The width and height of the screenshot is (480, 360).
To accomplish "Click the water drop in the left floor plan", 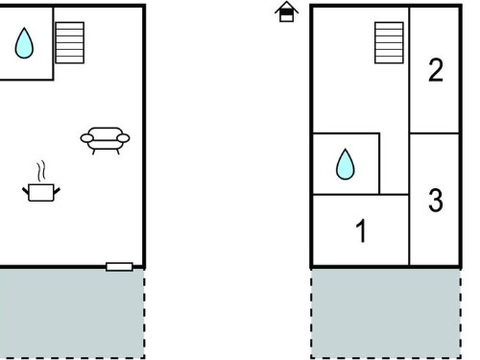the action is [24, 43].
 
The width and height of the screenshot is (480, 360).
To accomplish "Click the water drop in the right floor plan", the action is [346, 164].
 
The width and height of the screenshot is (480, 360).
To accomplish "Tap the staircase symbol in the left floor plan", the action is [70, 42].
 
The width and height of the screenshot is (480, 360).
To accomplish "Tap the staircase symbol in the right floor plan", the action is [389, 42].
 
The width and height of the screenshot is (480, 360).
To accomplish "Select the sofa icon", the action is [105, 140].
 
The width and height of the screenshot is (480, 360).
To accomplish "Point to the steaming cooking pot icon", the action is [41, 181].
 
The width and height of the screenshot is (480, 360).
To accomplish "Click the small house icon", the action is [286, 12].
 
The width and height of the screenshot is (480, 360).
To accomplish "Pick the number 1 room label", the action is [361, 230].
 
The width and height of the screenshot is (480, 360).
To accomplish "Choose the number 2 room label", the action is [436, 70].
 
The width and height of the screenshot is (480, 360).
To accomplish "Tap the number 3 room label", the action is [436, 201].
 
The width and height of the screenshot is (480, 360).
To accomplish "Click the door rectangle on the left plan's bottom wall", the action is [119, 267].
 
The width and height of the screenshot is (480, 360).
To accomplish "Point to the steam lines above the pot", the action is [41, 171].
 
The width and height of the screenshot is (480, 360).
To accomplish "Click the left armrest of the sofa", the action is [86, 138].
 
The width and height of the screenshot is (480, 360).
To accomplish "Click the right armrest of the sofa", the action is [123, 138].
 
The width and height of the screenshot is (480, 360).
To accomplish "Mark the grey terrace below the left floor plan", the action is [72, 313].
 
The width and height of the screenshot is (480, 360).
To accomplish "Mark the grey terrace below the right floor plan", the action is [386, 313].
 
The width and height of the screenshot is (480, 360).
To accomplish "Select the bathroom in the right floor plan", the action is [346, 163].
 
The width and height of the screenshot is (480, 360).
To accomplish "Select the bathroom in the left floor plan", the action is [26, 43].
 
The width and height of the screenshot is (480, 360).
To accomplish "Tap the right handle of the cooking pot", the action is [57, 191].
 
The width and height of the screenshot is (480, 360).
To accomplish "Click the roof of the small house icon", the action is [286, 7].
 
